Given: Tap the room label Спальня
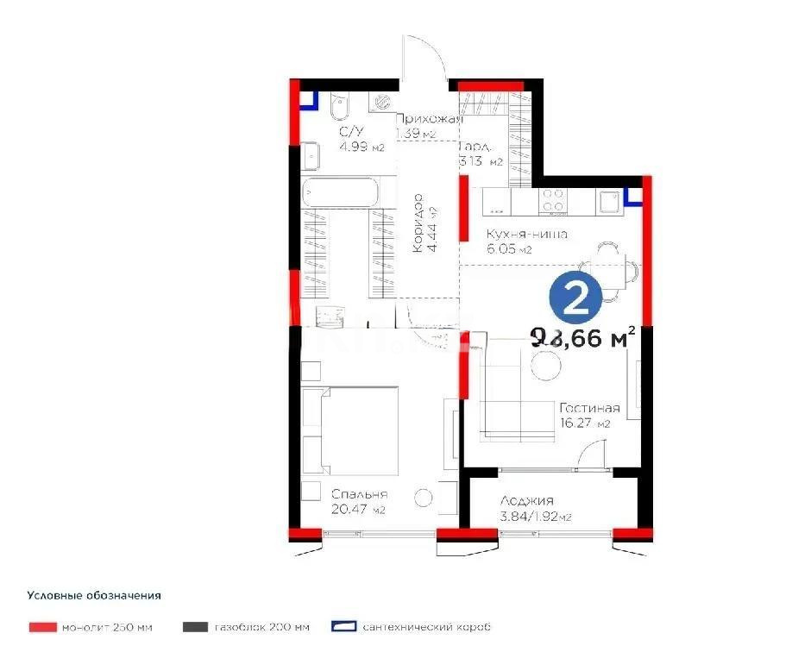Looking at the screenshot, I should (359, 495).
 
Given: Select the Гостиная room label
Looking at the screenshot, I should (589, 408).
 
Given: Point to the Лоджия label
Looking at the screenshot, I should (526, 501).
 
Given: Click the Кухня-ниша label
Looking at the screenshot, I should (526, 234).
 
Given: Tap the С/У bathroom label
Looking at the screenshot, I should (349, 132).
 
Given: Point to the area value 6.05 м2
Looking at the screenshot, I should (509, 249).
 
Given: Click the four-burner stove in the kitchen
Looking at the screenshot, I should (553, 201).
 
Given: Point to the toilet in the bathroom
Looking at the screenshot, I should (340, 113).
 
